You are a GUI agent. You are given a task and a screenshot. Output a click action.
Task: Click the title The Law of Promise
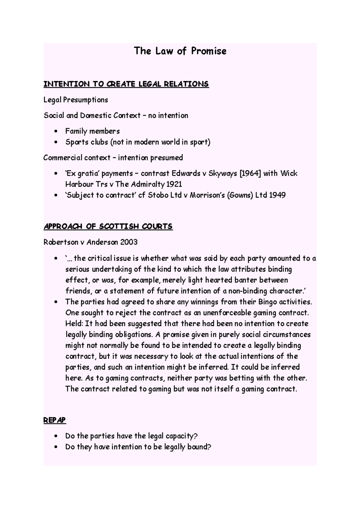point(180,51)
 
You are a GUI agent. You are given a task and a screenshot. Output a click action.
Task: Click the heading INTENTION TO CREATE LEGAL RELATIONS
point(126,84)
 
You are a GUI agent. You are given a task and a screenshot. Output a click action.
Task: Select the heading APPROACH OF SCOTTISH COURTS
point(108,226)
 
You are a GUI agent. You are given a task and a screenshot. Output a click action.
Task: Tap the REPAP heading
point(54,420)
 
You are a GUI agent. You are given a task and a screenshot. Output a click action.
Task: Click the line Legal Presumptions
point(76,100)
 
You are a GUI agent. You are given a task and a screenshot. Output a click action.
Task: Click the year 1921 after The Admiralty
point(174,184)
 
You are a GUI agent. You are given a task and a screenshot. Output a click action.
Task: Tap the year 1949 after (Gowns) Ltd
point(277,195)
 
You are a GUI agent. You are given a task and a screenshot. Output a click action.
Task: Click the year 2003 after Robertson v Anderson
point(129,242)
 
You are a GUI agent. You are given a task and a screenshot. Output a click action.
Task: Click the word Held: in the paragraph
point(74,324)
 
